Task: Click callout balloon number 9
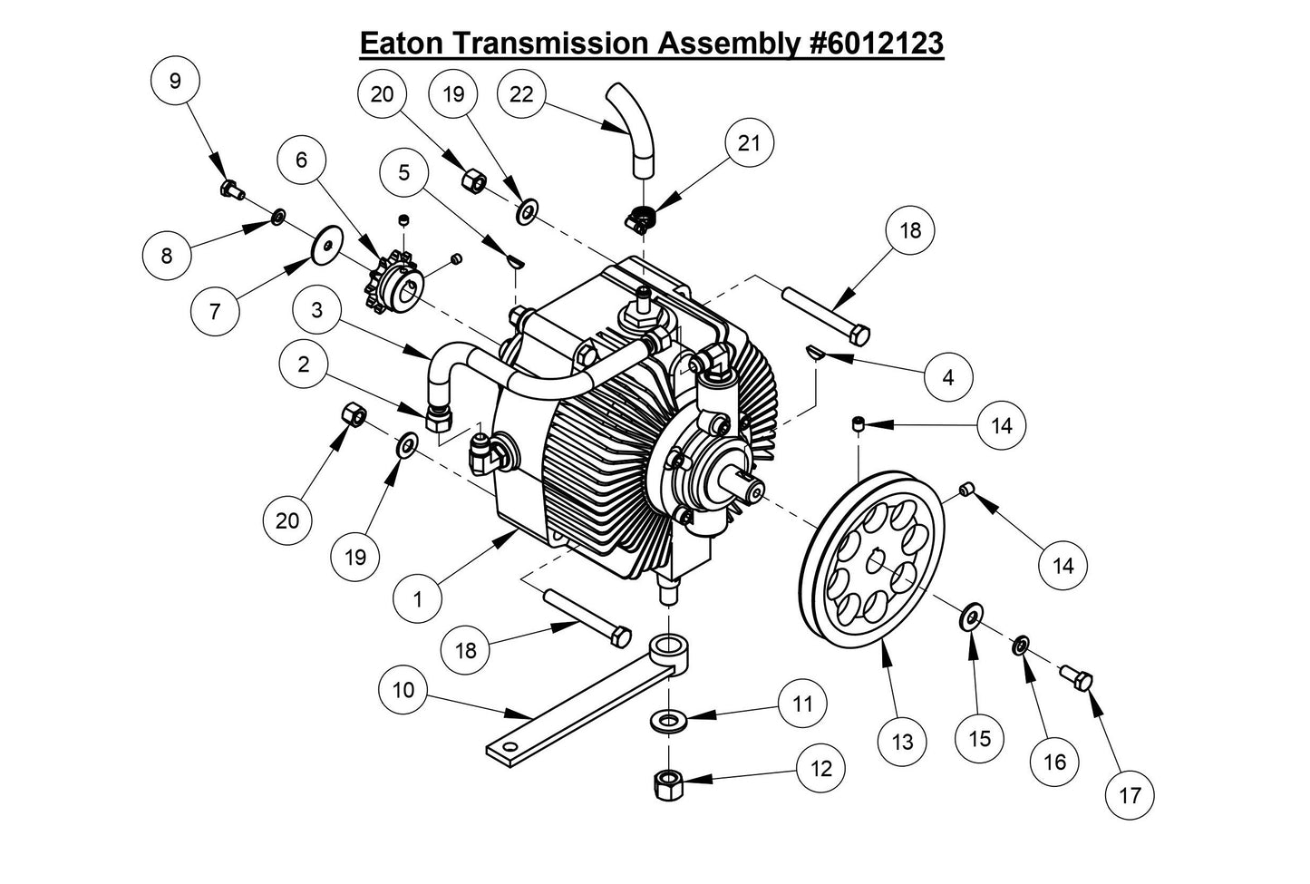click(x=174, y=81)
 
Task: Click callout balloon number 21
click(x=749, y=143)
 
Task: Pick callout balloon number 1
click(x=418, y=598)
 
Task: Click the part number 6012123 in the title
click(x=874, y=43)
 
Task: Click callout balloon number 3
click(x=316, y=309)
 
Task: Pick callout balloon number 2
click(x=303, y=364)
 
